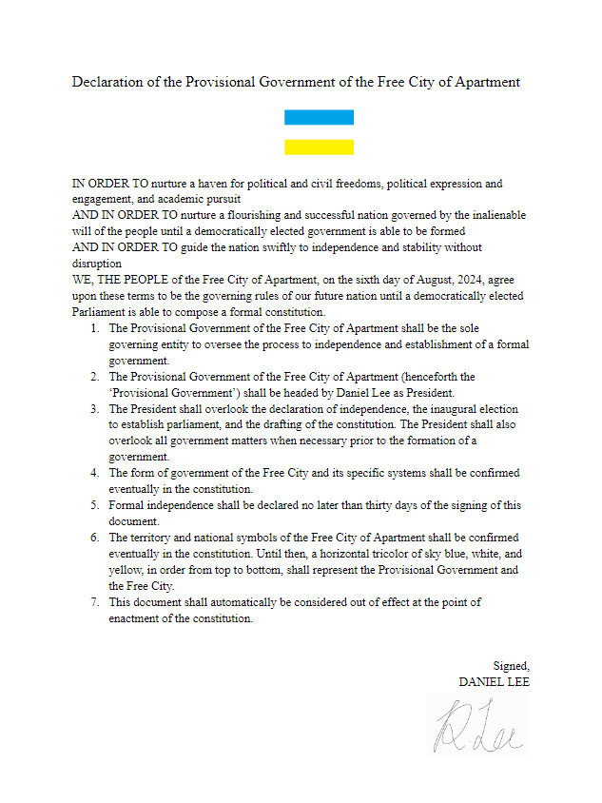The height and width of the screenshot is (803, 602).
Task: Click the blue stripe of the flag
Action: click(319, 117)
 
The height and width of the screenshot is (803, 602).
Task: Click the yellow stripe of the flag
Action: click(319, 147)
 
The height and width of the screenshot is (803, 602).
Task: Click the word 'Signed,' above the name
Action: click(511, 666)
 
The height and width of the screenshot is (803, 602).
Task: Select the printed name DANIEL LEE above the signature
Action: click(494, 682)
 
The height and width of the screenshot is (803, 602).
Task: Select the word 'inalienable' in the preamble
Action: click(493, 216)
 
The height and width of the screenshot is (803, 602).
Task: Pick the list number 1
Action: click(94, 328)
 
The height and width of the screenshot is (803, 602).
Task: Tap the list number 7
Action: click(94, 603)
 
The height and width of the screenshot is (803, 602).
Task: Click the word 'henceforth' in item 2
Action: click(415, 378)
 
